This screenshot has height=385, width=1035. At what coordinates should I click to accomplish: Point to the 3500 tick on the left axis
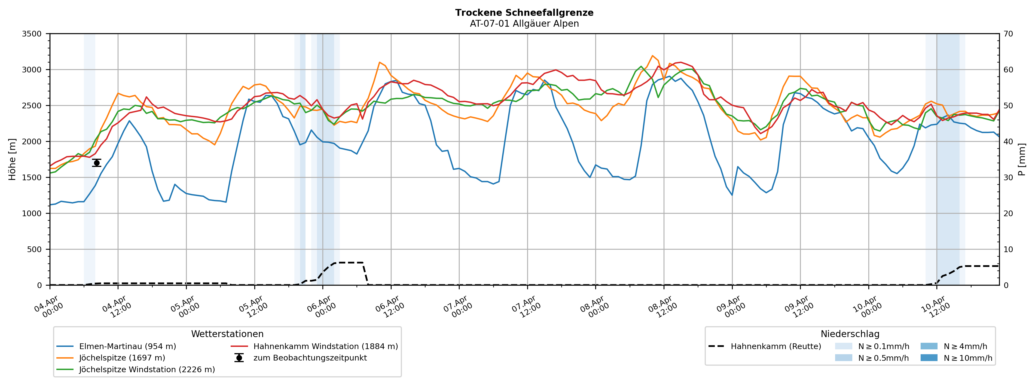pos(32,34)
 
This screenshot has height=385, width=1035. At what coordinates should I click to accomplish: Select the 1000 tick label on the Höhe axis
pos(32,213)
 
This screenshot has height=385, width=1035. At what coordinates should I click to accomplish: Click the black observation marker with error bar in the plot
pos(96,163)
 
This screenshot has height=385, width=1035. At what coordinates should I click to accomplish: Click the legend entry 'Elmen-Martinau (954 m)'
pos(127,346)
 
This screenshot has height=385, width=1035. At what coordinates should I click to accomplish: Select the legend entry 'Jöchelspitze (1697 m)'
pos(122,358)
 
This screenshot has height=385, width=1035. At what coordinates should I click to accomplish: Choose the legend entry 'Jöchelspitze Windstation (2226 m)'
pos(147,369)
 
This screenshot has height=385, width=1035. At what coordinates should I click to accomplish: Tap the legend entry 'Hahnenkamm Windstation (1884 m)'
pos(325,346)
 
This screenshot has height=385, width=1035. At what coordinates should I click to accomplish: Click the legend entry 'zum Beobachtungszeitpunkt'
pos(310,358)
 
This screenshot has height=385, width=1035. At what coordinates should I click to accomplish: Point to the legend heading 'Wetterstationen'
pos(227,334)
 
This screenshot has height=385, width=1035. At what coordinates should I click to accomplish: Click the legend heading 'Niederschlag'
pos(850,334)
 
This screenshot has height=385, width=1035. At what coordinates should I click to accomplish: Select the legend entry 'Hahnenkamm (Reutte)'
pos(776,346)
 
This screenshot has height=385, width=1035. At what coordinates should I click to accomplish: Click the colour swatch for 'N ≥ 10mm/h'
pos(929,358)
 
